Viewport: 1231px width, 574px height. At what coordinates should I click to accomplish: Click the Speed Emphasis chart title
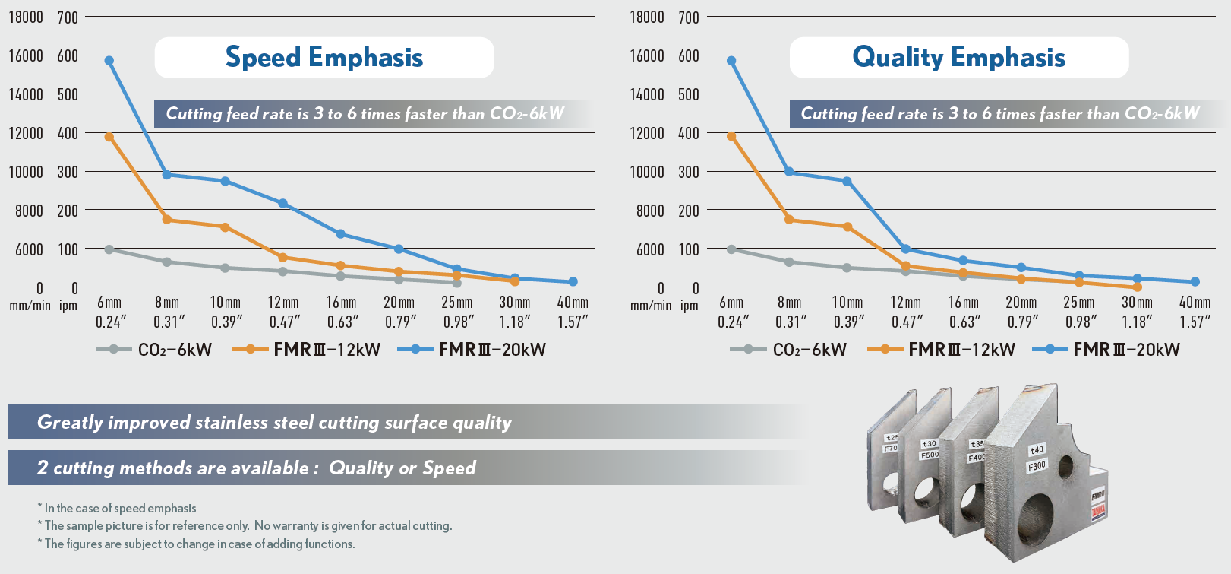324,58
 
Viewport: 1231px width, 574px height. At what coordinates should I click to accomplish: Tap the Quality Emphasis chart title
958,58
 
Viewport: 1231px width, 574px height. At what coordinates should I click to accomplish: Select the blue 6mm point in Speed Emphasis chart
109,61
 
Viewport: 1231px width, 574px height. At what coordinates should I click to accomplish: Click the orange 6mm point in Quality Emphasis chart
731,137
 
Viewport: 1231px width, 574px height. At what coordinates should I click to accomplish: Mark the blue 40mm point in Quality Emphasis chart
1195,282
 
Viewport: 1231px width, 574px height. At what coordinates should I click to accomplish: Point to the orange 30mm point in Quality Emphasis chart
1137,287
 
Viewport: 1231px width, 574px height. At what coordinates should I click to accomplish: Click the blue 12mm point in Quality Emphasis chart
905,249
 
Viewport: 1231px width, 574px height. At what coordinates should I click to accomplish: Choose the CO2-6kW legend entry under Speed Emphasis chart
154,350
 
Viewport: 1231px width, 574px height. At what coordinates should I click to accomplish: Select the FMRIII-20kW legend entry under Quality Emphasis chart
1108,350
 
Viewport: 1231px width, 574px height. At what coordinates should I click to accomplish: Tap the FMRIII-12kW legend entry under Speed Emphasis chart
307,350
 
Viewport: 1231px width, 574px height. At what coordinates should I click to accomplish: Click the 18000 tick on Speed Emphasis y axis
26,17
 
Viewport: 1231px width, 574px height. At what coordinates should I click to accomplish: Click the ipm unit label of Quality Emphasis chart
689,306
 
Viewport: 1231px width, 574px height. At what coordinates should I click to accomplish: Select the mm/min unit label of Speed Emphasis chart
30,306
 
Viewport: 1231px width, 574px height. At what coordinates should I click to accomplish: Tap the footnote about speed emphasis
117,508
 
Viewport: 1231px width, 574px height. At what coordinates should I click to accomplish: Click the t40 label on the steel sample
1037,449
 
